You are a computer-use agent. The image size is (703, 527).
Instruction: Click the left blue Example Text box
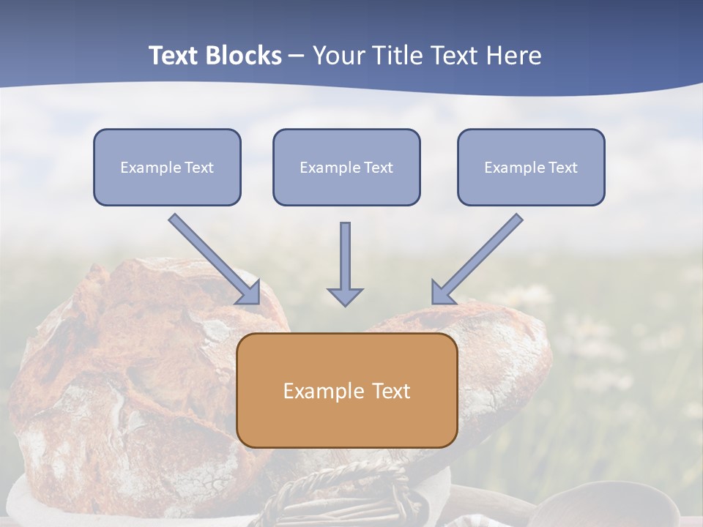167,167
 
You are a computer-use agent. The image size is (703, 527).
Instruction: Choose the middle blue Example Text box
346,167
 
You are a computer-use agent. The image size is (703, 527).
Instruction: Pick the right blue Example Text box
531,167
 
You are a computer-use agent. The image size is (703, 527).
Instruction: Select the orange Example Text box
346,390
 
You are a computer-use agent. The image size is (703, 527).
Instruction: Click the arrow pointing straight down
345,263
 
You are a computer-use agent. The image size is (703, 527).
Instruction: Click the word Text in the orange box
390,391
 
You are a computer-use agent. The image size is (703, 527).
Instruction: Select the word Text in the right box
562,168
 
